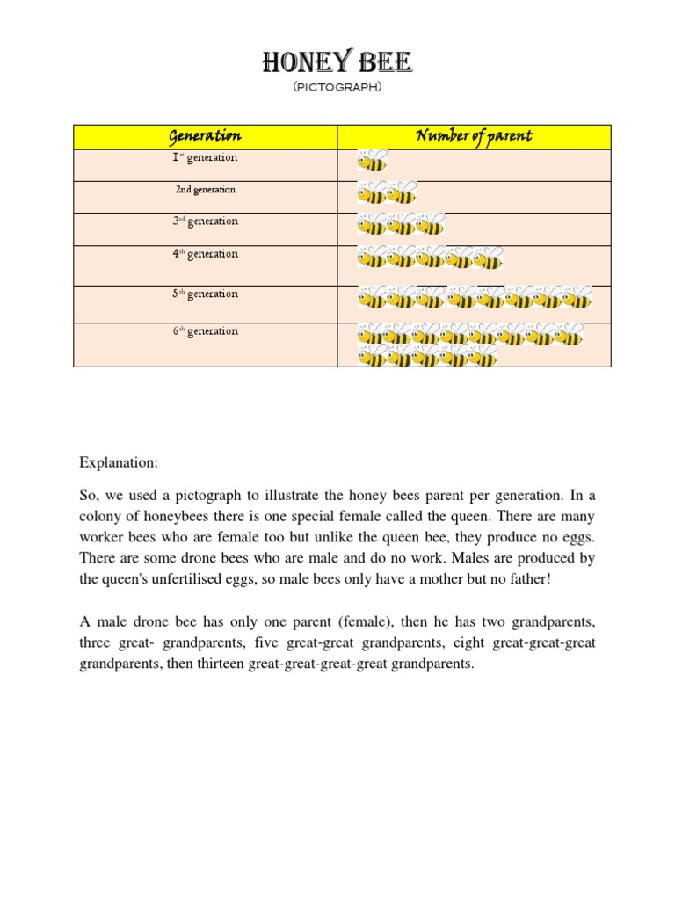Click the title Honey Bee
point(337,63)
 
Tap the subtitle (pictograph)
point(337,89)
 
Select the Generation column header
point(205,136)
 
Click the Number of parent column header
point(474,136)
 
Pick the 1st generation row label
point(205,158)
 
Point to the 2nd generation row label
point(205,190)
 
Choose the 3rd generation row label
point(205,221)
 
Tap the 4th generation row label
point(205,254)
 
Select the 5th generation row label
point(205,294)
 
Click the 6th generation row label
point(205,331)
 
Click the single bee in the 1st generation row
point(372,162)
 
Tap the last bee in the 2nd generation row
point(402,193)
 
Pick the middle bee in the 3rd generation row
point(401,225)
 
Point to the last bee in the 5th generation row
point(577,299)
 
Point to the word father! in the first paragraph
point(526,579)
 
